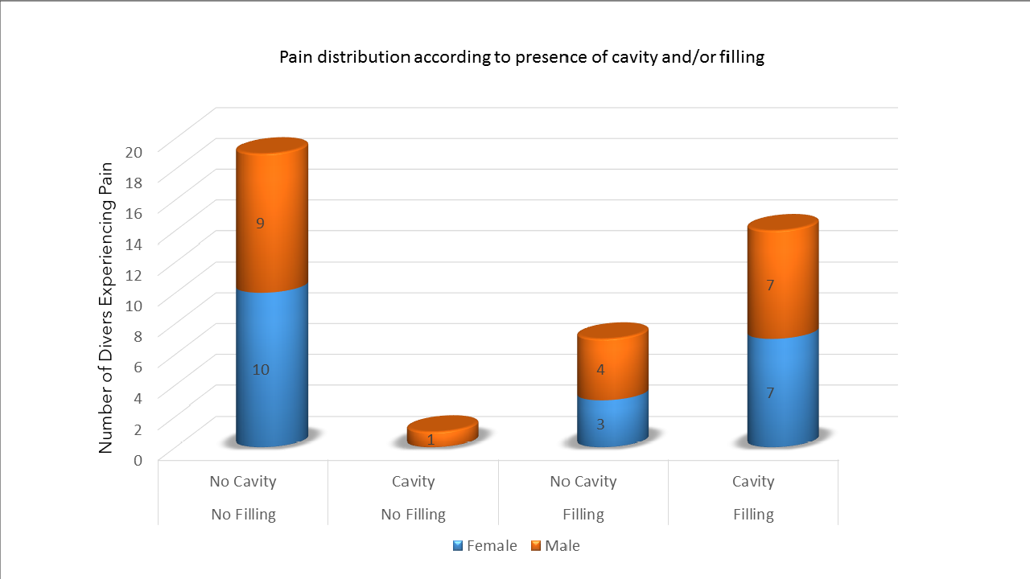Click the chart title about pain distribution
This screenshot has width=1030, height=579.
point(521,57)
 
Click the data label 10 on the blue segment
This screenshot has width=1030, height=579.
point(260,370)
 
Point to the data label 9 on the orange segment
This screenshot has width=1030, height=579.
point(260,224)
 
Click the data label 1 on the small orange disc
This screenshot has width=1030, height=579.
point(431,439)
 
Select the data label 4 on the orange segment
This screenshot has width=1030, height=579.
point(600,370)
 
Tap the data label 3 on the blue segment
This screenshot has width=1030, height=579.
point(600,424)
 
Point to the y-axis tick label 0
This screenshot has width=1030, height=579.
point(138,460)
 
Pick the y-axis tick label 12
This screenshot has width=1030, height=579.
point(134,274)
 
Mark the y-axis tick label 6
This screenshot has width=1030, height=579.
point(138,367)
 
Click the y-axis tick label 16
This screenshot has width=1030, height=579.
point(134,212)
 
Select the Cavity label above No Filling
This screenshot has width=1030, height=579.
point(413,482)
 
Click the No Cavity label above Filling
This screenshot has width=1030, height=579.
point(583,482)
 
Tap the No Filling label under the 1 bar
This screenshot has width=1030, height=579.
point(413,515)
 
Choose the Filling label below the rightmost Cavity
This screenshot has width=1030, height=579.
point(753,515)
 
